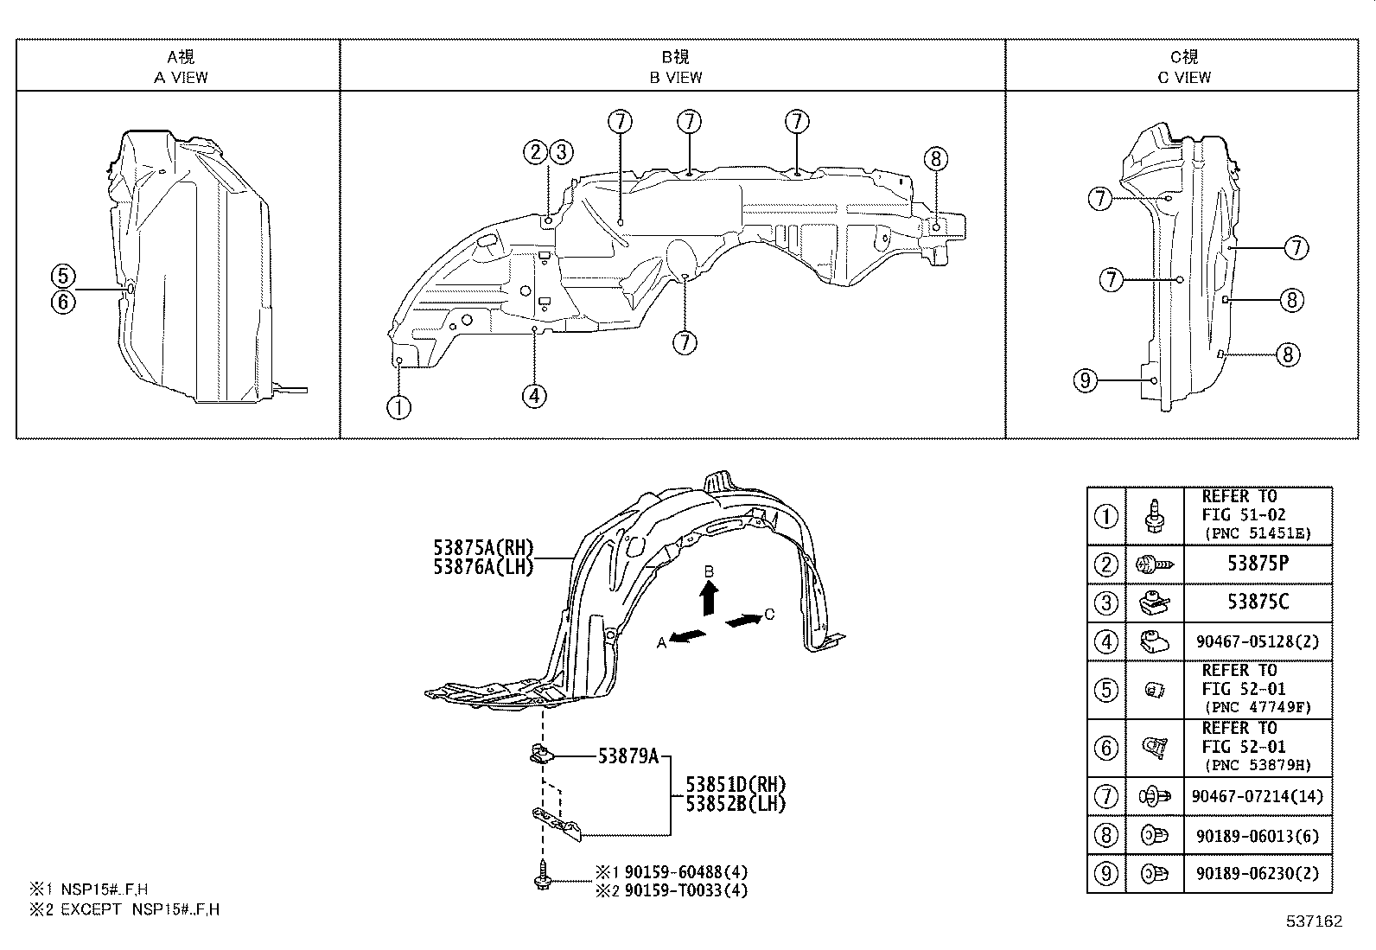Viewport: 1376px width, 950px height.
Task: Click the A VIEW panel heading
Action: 181,67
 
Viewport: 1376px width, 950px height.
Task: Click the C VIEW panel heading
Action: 1184,67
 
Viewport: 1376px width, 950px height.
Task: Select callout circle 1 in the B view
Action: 398,406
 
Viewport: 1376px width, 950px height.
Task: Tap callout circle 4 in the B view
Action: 534,396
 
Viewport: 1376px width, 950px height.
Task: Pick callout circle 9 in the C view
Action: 1085,379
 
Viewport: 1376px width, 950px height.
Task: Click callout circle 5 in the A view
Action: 63,277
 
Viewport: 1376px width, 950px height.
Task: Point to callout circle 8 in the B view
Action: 935,159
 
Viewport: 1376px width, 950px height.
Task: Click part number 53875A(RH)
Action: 484,547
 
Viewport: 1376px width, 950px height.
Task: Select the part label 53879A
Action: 628,757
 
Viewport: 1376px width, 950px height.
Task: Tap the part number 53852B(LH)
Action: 736,804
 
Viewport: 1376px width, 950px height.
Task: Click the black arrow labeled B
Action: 708,596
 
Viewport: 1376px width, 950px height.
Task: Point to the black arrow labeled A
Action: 688,637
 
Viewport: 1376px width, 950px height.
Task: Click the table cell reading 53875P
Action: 1258,564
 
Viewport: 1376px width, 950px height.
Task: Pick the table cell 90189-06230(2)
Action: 1258,873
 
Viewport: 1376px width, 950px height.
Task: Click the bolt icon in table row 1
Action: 1154,516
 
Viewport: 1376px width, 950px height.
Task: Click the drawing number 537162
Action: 1313,921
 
